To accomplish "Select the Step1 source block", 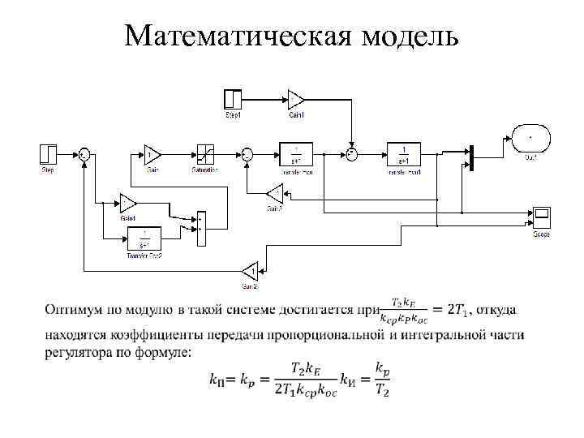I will pos(233,99).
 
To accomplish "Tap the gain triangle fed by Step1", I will pos(295,99).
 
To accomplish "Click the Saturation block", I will pos(204,153).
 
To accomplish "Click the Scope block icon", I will pos(542,217).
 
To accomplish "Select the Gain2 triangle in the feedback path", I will pos(250,270).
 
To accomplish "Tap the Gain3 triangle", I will pos(273,193).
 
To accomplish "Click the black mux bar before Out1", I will pos(470,153).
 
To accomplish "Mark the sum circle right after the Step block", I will pos(84,153).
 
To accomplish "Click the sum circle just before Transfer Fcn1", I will pos(351,153).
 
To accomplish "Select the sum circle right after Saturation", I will pos(247,153).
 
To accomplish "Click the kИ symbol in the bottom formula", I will pos(348,379).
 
